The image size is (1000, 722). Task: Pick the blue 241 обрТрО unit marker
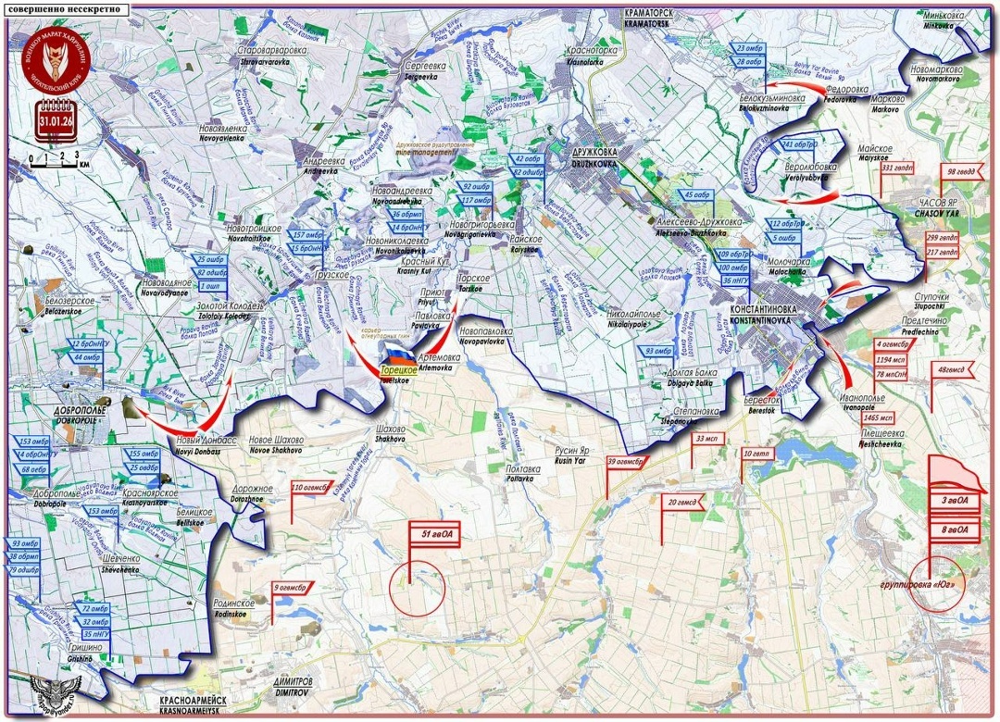pos(800,145)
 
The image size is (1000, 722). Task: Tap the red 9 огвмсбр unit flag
pos(291,586)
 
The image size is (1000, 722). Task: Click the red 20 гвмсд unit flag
pos(683,503)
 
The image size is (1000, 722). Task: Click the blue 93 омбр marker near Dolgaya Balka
pos(658,351)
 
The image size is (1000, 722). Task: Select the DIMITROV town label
pos(293,686)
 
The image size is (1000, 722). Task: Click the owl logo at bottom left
pos(55,690)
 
